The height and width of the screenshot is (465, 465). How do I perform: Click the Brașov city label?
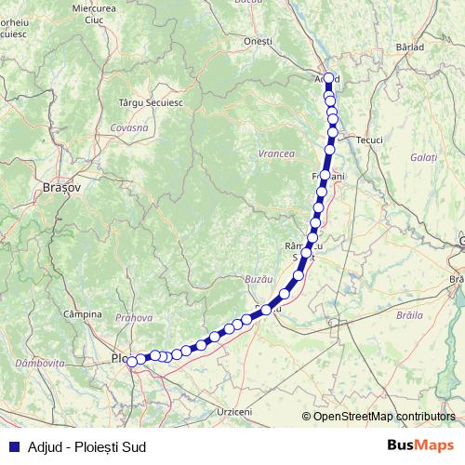pos(62,187)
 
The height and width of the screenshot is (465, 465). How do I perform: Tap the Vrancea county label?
pos(277,153)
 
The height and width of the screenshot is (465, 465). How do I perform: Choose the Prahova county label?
pos(135,318)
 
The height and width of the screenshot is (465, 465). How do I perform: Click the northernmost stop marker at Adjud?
pos(328,77)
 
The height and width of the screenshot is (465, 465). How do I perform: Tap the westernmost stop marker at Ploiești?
pos(132,362)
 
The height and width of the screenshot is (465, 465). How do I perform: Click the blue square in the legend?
pos(14,447)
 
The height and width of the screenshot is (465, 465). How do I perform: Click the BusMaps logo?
pos(421,446)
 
